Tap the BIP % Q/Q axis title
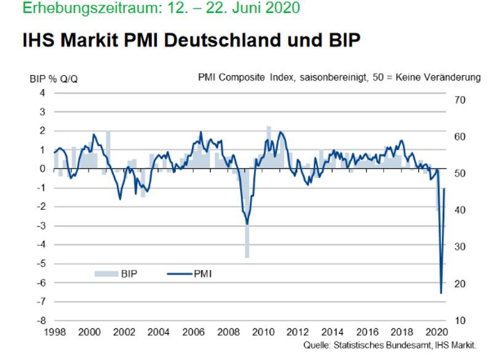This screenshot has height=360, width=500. tap(53, 78)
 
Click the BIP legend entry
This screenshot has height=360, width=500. tap(117, 273)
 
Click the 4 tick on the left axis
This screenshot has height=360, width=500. tap(43, 93)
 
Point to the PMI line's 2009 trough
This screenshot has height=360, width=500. tap(247, 223)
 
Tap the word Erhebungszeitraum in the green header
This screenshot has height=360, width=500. tap(73, 8)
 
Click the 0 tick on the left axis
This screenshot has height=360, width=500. tap(43, 169)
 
